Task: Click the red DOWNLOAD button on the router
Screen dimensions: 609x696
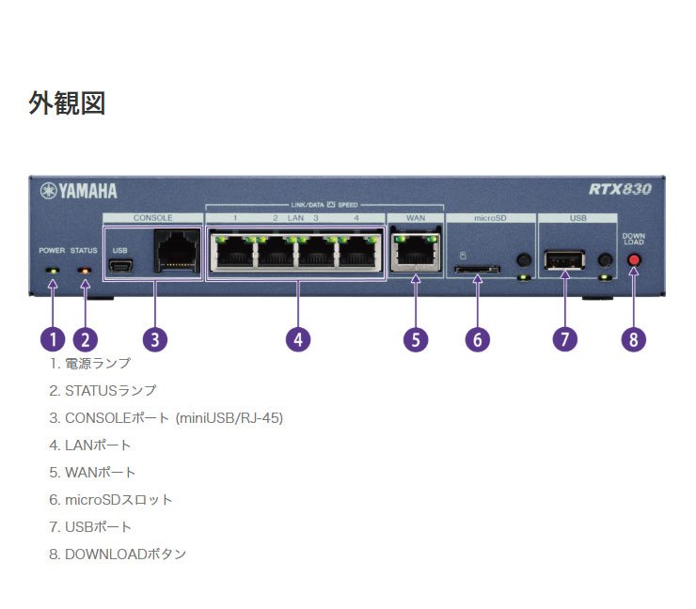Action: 634,260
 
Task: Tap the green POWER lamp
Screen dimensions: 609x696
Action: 53,271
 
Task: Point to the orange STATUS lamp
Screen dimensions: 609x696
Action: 85,271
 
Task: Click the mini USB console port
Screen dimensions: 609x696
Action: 120,269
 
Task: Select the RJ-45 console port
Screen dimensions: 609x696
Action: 176,250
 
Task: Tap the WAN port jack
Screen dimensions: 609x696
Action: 416,254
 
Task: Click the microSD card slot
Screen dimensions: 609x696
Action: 476,270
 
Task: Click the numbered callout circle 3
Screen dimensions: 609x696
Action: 154,338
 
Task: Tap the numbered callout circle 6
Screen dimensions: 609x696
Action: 477,338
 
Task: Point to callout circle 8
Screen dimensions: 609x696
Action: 634,338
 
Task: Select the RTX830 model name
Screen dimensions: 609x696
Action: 620,190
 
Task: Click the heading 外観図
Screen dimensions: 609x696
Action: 67,103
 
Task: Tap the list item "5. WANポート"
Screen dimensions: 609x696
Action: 92,472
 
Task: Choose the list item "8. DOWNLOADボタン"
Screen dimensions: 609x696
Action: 118,554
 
